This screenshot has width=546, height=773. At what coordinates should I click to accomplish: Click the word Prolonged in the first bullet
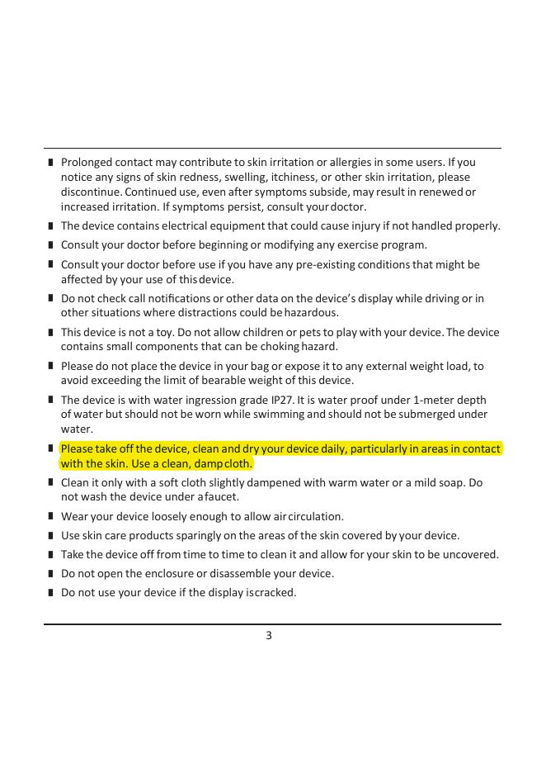[x=86, y=162]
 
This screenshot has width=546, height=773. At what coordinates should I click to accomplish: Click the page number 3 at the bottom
[x=269, y=635]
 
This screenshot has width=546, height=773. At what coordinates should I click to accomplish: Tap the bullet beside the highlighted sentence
[x=51, y=448]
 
